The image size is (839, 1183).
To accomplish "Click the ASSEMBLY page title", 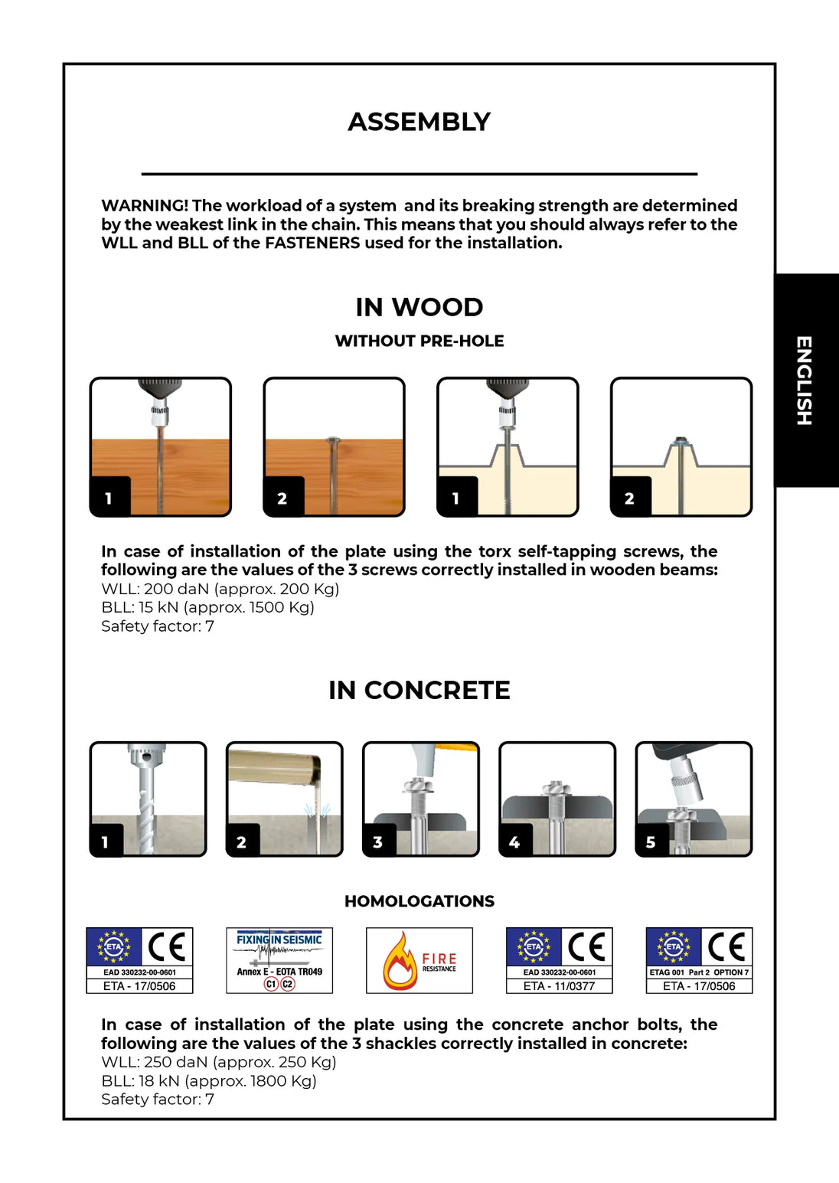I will click(419, 122).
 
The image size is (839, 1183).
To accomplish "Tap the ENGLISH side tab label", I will click(804, 380).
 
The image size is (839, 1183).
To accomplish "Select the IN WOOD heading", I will click(419, 307).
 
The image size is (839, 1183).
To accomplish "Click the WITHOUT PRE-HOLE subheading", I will click(419, 341).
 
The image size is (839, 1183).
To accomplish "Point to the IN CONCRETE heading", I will click(419, 690).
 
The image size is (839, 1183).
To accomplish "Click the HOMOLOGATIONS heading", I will click(419, 901).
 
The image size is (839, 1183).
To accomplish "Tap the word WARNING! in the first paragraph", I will click(145, 206).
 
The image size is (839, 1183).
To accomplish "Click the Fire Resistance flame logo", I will click(400, 960).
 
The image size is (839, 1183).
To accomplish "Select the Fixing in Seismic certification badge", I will click(279, 960).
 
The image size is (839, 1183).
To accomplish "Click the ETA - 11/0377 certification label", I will click(559, 986).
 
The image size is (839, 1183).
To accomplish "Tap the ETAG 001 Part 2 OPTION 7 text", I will click(699, 972).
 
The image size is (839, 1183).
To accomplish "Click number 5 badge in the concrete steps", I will click(651, 842).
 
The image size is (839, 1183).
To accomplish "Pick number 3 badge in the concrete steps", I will click(377, 842).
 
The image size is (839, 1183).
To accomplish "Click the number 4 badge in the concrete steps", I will click(514, 842).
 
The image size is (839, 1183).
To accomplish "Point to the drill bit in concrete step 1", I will click(145, 804).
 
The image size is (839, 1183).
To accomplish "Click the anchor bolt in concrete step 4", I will click(557, 812).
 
